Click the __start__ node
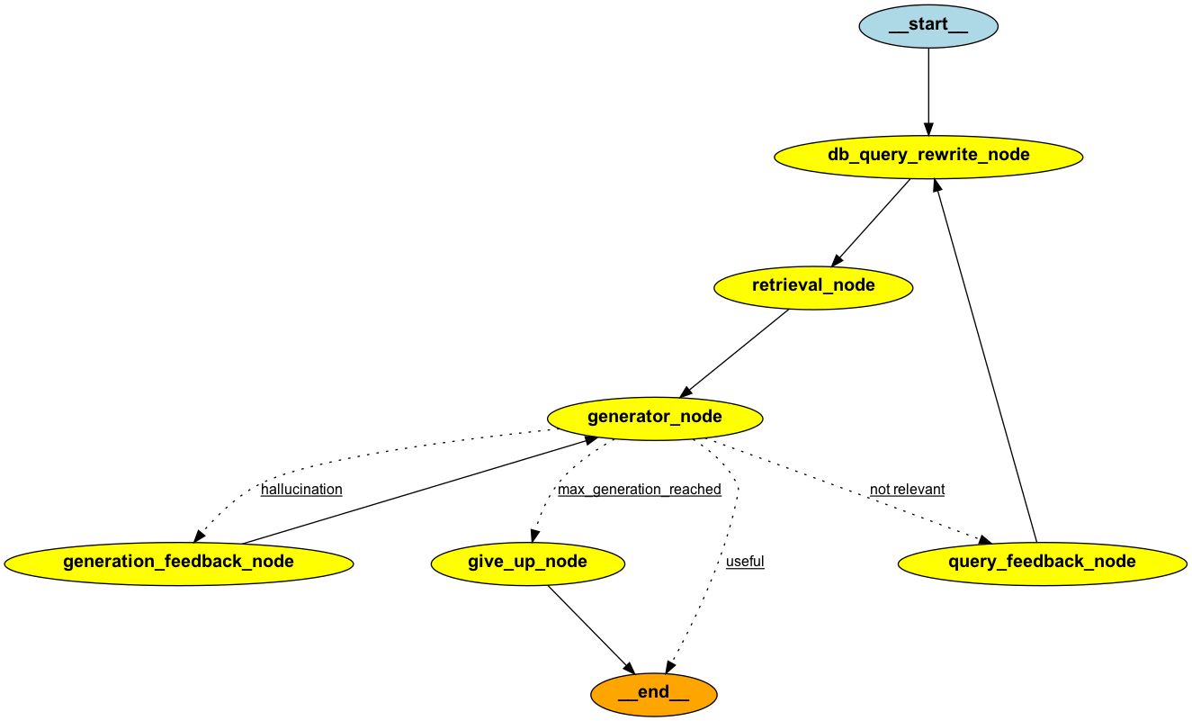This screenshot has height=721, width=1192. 928,25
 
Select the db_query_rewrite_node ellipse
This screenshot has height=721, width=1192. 928,156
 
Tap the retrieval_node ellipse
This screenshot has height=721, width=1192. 813,286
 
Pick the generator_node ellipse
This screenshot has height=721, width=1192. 655,418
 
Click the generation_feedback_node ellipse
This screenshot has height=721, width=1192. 178,563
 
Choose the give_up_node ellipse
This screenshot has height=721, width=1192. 527,563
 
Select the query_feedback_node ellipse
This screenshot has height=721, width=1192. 1042,563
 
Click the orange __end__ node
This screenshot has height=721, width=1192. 654,693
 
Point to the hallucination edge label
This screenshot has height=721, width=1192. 301,490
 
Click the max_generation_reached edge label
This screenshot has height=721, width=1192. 639,490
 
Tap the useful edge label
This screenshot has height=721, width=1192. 745,562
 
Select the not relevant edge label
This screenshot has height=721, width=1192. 907,490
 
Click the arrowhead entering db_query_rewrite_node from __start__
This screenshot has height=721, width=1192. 928,128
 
